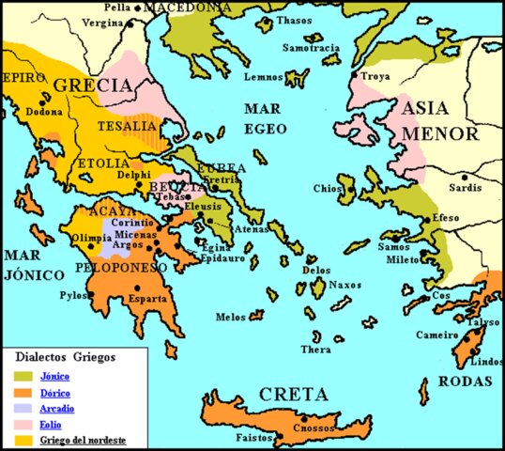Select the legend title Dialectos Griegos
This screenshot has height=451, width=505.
[66, 358]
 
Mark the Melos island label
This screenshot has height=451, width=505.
[230, 317]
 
